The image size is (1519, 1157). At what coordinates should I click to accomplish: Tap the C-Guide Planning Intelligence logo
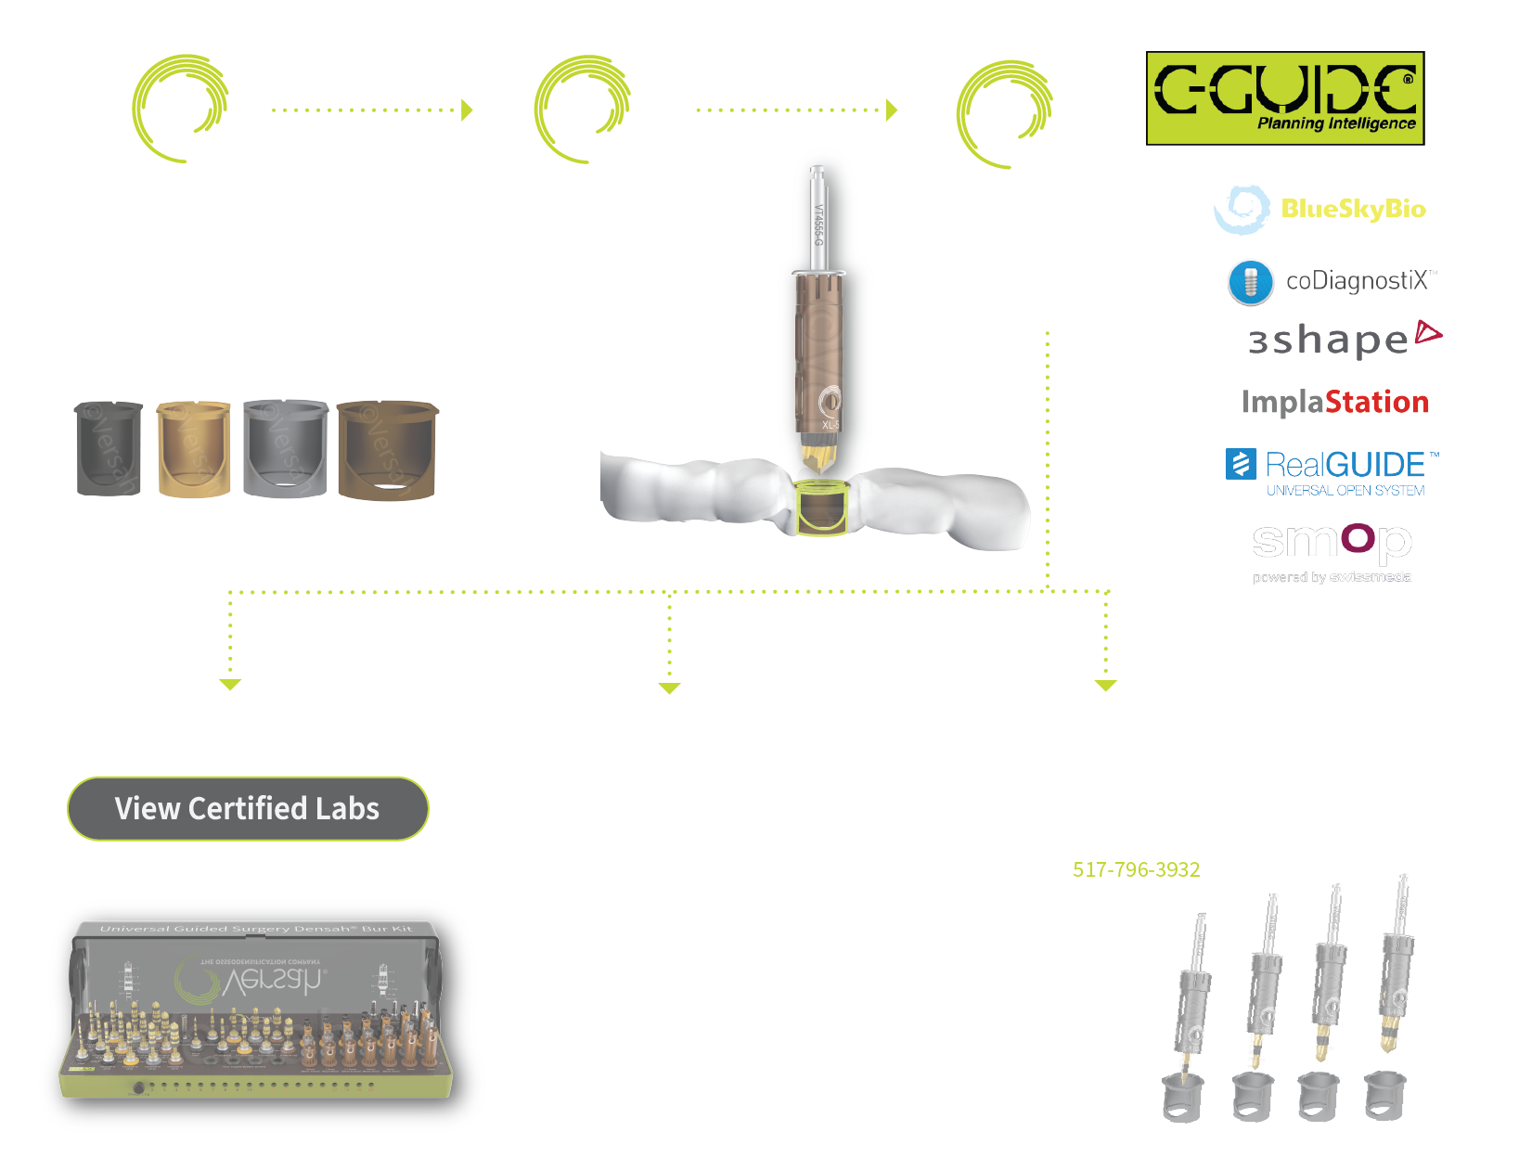(x=1285, y=97)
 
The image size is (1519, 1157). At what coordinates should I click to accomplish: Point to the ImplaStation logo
(x=1335, y=402)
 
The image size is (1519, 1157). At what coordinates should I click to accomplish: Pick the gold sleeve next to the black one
(x=193, y=449)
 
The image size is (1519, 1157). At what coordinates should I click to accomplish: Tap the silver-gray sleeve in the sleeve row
(x=286, y=449)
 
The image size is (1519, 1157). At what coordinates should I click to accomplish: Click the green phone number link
(x=1137, y=868)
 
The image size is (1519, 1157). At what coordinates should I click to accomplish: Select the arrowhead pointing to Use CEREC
(x=669, y=688)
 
